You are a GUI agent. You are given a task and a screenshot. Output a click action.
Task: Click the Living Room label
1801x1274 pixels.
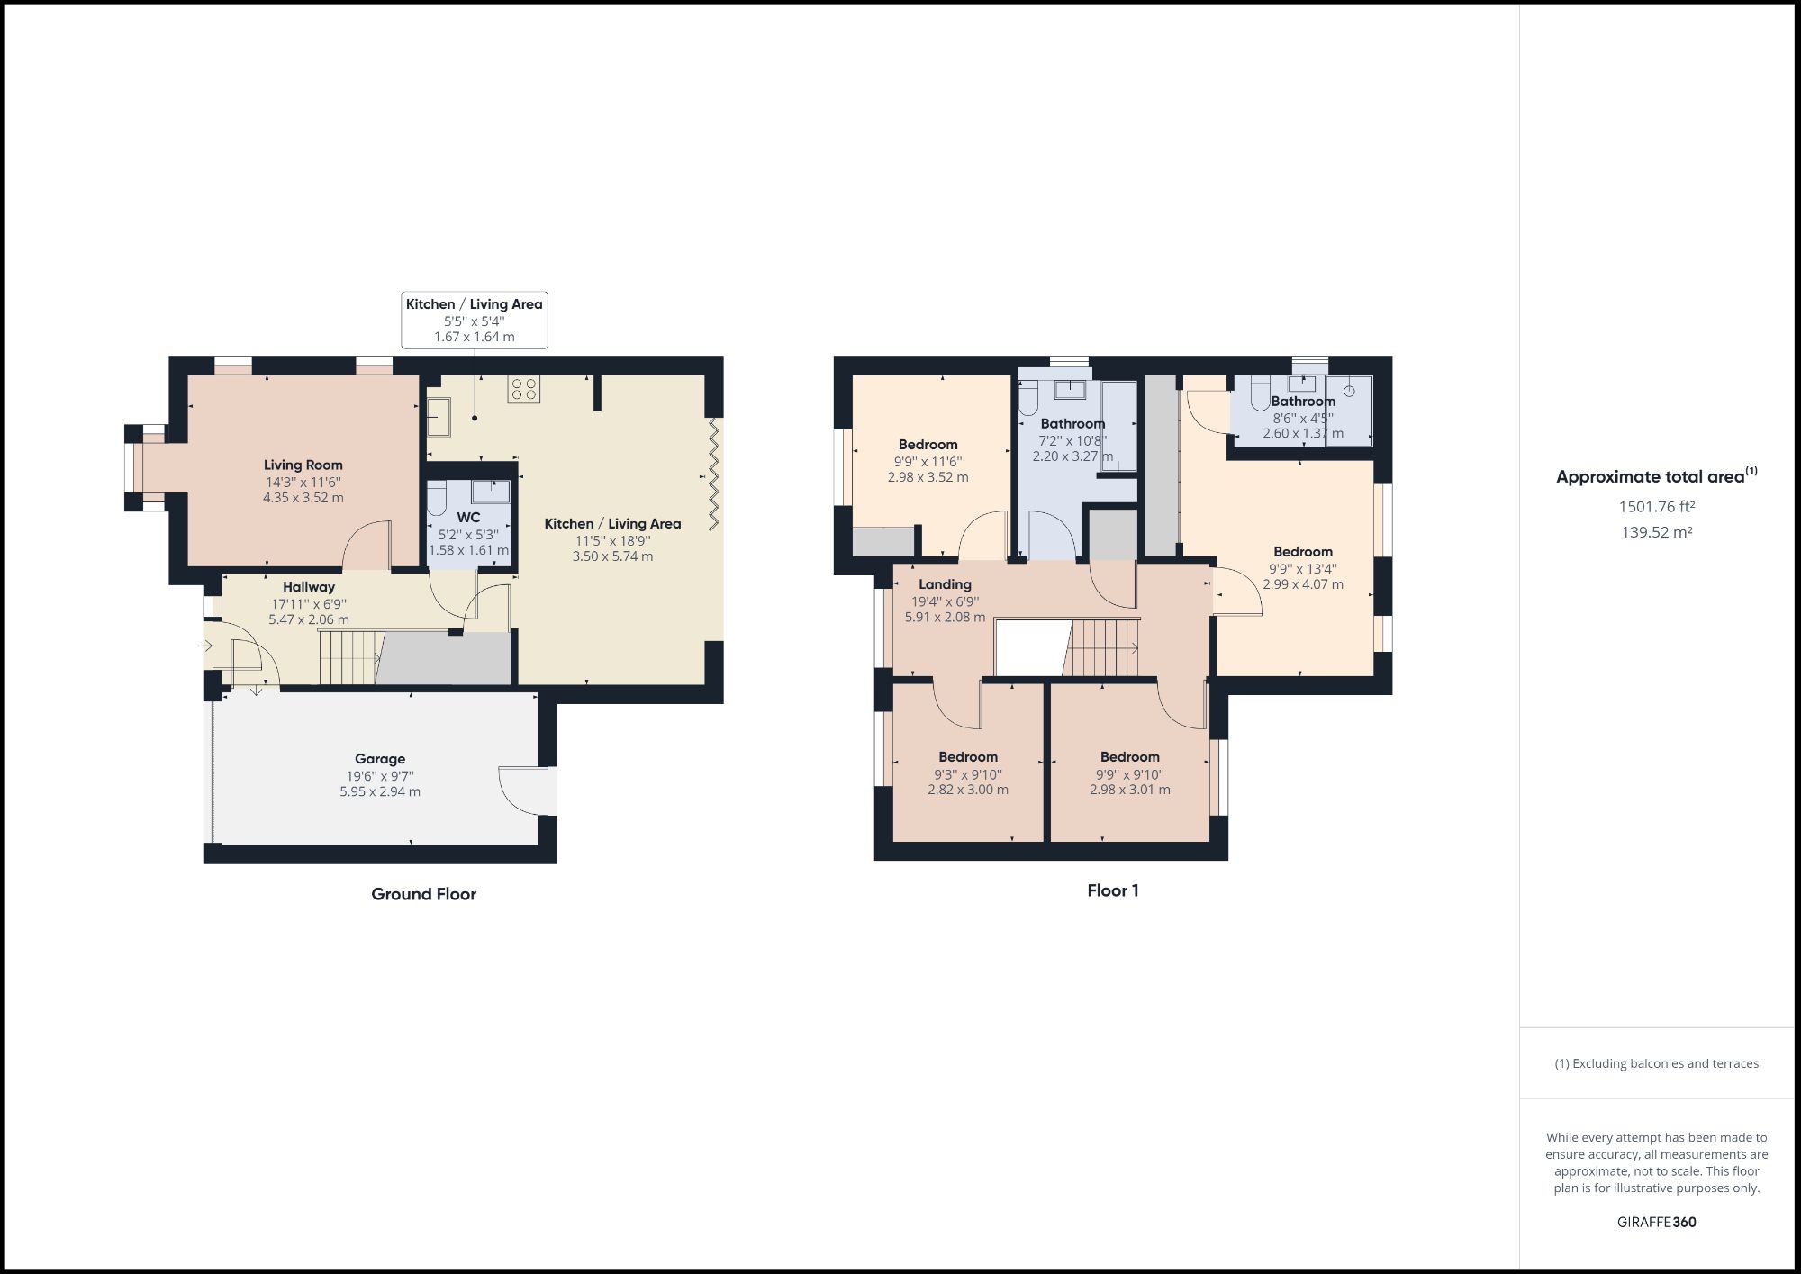tap(303, 465)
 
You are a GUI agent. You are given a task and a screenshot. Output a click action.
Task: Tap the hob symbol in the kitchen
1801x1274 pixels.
tap(523, 389)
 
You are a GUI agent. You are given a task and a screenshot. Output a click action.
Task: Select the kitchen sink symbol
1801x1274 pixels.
tap(439, 417)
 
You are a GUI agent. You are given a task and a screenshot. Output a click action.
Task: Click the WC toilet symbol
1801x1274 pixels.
tap(437, 498)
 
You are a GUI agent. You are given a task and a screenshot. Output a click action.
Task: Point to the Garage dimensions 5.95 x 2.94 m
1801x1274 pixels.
tap(379, 791)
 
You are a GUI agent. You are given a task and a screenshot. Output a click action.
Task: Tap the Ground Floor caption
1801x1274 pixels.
tap(423, 894)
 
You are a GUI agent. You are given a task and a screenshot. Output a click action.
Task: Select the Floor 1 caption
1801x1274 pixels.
tap(1112, 890)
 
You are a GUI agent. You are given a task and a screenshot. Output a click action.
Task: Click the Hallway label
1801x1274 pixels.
tap(308, 586)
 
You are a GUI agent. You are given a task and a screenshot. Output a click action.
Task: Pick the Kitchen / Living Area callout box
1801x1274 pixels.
tap(474, 320)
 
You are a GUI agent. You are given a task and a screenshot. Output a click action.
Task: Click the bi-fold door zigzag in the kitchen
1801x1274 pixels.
tap(714, 473)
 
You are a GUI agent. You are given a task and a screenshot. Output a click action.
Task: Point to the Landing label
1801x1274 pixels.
tap(945, 584)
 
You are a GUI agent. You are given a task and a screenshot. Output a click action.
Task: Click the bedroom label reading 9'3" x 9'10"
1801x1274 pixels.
tap(968, 773)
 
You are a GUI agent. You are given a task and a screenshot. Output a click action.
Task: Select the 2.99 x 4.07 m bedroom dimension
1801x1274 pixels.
tap(1302, 584)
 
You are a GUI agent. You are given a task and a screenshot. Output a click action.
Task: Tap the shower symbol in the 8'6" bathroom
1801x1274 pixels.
tap(1350, 410)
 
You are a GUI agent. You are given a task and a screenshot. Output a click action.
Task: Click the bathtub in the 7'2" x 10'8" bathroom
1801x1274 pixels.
tap(1119, 425)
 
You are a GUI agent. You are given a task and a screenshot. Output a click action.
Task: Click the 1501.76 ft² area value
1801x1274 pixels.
tap(1656, 507)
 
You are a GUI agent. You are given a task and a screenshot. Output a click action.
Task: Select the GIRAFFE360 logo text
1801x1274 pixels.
tap(1656, 1222)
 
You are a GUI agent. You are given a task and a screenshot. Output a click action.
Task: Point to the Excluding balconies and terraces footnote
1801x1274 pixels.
tap(1656, 1063)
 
